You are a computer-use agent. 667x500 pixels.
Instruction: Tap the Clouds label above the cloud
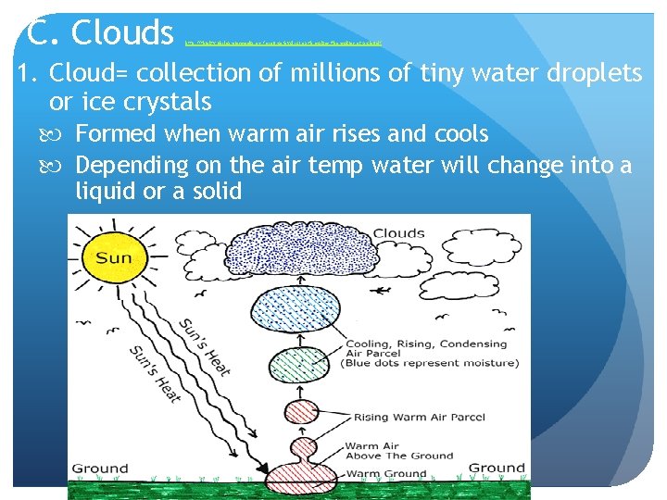coord(400,232)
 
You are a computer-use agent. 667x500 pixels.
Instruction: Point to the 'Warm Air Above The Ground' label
coord(398,451)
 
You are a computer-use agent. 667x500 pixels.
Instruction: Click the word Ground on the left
coord(100,468)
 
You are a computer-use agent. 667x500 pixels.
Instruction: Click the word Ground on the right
coord(497,468)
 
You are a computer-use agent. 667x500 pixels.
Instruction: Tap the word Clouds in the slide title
coord(122,32)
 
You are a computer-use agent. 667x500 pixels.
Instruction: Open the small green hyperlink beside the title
coord(283,43)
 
